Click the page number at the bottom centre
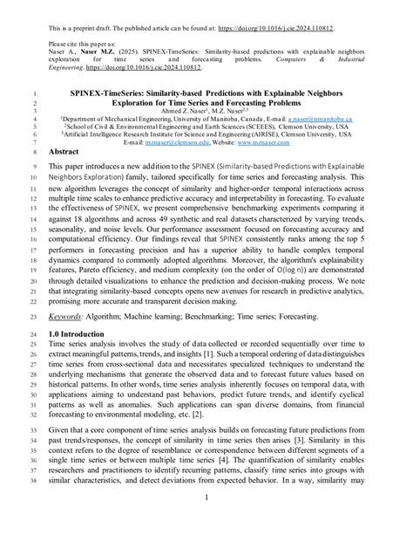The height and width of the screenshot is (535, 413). tap(206, 522)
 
